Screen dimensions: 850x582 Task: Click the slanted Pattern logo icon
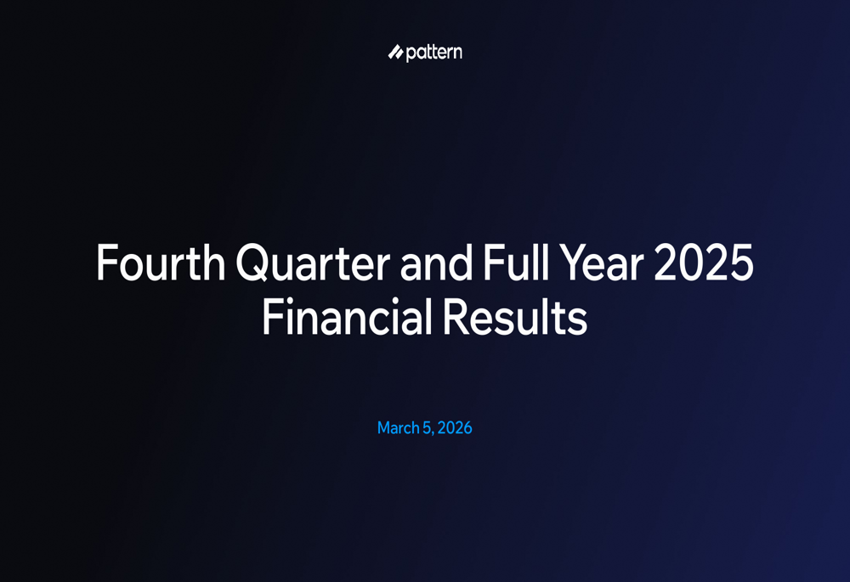(395, 52)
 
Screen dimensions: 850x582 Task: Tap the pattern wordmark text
(433, 53)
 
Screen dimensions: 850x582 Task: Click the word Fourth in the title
(161, 263)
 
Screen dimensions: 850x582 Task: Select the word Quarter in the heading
(313, 263)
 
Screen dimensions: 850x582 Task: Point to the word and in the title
(436, 263)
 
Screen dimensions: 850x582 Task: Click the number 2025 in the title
(704, 263)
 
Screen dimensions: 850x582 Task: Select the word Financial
(347, 316)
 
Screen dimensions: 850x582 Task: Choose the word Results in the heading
(515, 316)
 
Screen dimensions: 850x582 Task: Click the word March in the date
(399, 428)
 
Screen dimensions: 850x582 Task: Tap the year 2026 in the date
(455, 428)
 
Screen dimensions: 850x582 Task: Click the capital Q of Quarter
(253, 263)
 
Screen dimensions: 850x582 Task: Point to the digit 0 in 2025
(691, 263)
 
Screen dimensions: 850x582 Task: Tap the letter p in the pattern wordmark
(411, 54)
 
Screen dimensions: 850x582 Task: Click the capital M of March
(384, 428)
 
